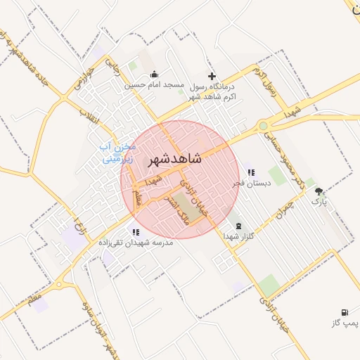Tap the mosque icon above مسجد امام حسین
[x=154, y=75]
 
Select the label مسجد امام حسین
[x=154, y=85]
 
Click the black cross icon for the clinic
[x=212, y=75]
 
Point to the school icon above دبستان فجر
[x=251, y=172]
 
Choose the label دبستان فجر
[x=251, y=183]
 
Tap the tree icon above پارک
[x=319, y=191]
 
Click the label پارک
[x=320, y=202]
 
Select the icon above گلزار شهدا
[x=238, y=225]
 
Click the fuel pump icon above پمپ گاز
[x=344, y=312]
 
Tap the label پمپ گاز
[x=345, y=323]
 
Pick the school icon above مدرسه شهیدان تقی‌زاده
[x=135, y=231]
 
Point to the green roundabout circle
[x=263, y=126]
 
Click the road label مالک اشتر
[x=169, y=207]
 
